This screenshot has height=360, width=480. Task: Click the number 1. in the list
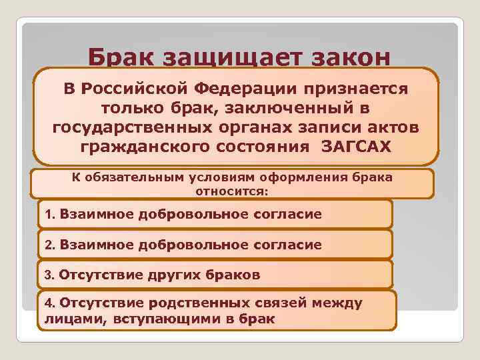pos(51,215)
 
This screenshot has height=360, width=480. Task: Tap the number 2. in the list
pos(51,245)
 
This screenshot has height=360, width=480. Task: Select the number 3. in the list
pos(51,274)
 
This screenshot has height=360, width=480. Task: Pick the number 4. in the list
pos(51,303)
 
